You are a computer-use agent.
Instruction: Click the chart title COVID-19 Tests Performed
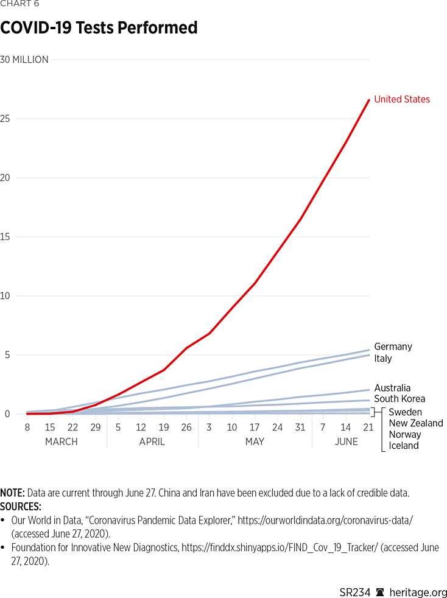(x=99, y=28)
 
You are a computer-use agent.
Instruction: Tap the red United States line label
(x=401, y=99)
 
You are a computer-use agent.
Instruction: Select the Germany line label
(x=393, y=346)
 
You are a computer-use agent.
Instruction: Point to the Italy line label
(x=383, y=358)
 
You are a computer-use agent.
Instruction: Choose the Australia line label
(x=392, y=388)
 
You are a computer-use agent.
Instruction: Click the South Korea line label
(x=399, y=399)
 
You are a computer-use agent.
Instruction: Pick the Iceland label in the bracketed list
(x=404, y=446)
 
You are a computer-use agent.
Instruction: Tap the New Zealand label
(x=416, y=423)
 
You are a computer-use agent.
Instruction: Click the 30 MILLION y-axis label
(x=24, y=60)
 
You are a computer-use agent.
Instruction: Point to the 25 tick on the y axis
(x=5, y=119)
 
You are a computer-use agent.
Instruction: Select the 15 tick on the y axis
(x=5, y=237)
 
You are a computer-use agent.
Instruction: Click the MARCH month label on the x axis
(x=62, y=441)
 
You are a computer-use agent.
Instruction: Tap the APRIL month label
(x=152, y=441)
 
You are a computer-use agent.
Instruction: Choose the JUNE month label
(x=346, y=441)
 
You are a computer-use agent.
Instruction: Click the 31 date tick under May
(x=300, y=427)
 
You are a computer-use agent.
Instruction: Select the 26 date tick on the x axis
(x=186, y=427)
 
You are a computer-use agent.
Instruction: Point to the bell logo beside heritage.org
(x=380, y=593)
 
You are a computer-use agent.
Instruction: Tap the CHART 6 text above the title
(x=19, y=4)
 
